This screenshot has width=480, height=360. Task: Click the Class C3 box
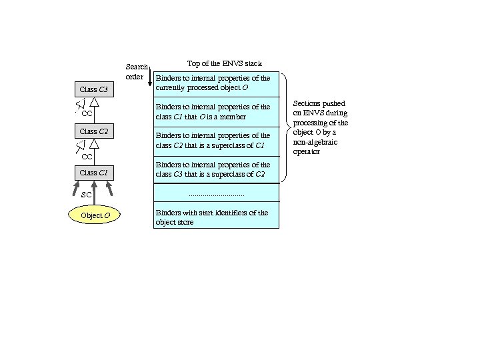coord(93,89)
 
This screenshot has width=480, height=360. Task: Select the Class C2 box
coord(93,131)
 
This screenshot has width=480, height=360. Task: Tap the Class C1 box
coord(93,173)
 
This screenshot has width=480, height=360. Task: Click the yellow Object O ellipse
coord(95,215)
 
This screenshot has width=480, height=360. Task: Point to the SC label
coord(86,195)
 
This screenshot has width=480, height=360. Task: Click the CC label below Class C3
coord(86,114)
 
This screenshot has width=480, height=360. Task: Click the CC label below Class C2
coord(86,157)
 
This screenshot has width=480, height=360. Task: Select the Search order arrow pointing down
coord(151,76)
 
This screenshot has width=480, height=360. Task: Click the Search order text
coord(137,71)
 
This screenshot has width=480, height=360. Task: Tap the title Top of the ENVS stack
coord(224,63)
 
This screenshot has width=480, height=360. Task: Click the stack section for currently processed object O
coord(216,83)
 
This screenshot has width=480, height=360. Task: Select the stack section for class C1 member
coord(216,112)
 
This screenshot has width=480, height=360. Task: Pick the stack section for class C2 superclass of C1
coord(216,141)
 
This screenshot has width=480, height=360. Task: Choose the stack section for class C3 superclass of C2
coord(216,169)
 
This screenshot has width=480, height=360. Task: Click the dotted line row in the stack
coord(216,194)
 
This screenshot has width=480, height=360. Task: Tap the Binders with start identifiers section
coord(216,217)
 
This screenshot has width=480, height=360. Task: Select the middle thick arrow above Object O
coord(95,194)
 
